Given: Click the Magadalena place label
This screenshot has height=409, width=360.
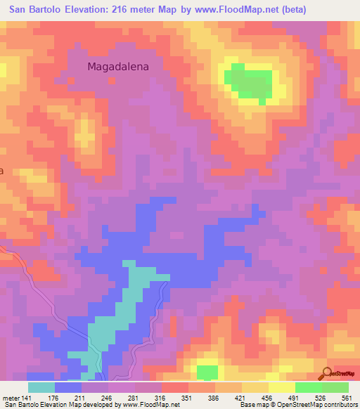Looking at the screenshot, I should point(124,67).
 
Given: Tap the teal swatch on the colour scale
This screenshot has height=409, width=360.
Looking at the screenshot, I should point(41,387).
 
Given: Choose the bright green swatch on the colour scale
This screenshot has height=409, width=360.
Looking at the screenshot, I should point(309,387).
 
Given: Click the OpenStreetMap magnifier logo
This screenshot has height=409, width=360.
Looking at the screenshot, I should point(328,372).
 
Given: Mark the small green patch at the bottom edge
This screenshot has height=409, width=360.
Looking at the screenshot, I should point(207,371).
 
